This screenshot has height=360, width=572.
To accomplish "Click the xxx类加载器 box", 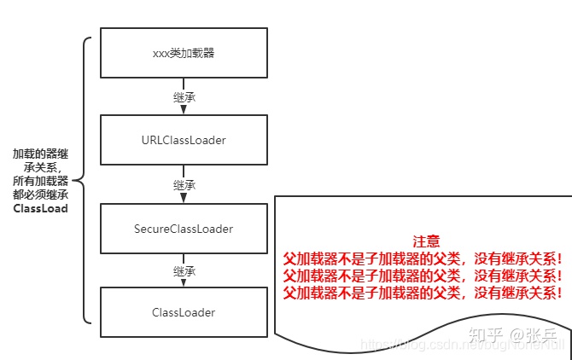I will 184,52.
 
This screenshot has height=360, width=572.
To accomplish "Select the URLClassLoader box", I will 184,139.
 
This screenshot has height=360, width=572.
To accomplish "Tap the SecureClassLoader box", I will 184,229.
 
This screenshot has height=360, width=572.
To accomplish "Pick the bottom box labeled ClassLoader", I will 184,312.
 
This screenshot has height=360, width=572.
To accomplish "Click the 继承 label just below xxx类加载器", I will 184,96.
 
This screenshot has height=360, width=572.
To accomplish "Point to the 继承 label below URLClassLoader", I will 184,184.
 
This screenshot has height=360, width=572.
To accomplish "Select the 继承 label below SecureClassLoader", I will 184,271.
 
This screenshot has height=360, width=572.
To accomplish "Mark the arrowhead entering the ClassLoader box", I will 184,283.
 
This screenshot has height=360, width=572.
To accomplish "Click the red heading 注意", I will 424,241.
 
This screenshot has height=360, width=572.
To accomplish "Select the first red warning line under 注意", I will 423,258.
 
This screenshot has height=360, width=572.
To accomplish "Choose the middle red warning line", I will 423,275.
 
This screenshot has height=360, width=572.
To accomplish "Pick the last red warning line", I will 423,293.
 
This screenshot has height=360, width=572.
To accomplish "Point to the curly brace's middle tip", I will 78,181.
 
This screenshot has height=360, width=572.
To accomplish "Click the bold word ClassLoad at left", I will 41,208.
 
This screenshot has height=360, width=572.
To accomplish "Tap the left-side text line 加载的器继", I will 40,154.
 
